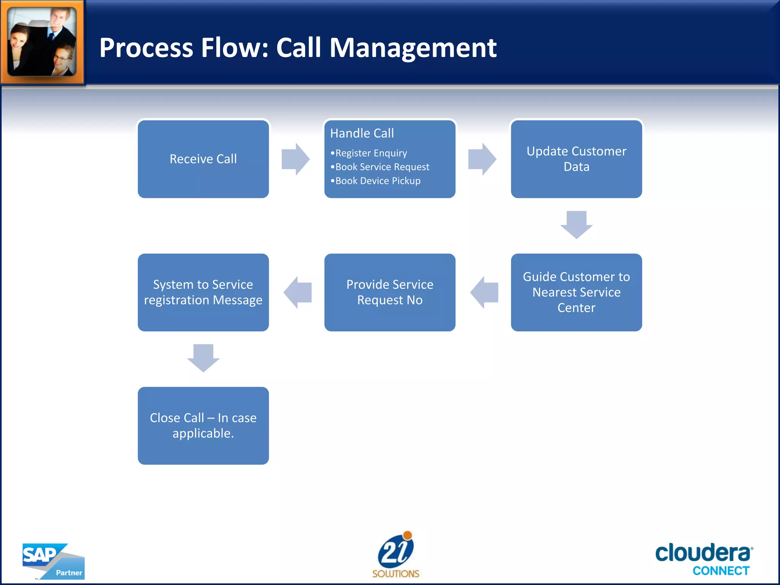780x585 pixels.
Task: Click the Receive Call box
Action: (203, 159)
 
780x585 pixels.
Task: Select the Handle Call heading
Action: (362, 133)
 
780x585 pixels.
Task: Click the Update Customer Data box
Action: (576, 159)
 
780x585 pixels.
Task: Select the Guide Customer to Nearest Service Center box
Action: (576, 292)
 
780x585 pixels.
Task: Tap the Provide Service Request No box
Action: (390, 292)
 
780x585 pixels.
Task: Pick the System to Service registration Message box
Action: (203, 292)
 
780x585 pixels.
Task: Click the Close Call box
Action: (203, 425)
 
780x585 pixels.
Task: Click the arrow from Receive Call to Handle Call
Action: (296, 159)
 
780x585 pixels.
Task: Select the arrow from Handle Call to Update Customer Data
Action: (482, 159)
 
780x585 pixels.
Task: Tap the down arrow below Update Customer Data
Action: (576, 225)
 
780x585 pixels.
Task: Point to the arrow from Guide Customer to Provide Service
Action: (484, 292)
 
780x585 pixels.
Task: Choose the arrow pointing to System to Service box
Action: (297, 292)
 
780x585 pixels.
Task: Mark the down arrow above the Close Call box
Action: (203, 358)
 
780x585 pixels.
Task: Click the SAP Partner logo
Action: (53, 561)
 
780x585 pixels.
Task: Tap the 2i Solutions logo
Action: (396, 555)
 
